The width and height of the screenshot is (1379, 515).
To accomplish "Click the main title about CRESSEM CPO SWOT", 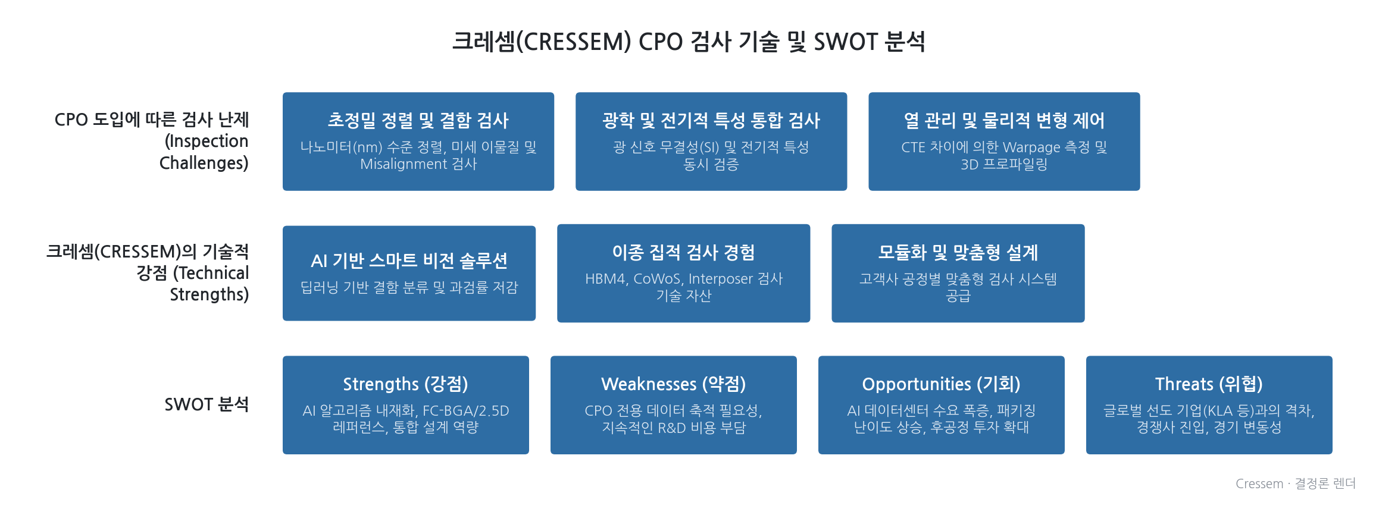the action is click(689, 42).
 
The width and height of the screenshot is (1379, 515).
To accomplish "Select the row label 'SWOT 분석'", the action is click(207, 404).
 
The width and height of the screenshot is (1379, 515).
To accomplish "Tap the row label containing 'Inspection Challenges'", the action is click(151, 141).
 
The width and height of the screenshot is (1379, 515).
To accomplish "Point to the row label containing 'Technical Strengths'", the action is click(148, 273).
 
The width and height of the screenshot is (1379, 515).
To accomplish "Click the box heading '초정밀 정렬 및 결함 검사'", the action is click(418, 121).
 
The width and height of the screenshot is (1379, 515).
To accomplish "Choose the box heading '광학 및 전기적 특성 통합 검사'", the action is click(711, 121).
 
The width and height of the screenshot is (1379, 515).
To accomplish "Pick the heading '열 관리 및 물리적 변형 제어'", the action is click(1004, 121).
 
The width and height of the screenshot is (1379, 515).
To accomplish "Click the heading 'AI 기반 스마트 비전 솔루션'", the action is click(409, 260).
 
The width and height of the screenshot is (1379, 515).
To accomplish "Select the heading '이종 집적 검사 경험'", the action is click(683, 253).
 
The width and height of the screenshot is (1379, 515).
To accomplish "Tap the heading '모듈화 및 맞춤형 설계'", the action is click(958, 253).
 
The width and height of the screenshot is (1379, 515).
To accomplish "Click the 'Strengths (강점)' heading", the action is click(405, 384).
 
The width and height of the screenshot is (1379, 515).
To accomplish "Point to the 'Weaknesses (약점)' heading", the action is click(673, 384).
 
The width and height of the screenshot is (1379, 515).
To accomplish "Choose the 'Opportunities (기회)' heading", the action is click(941, 384).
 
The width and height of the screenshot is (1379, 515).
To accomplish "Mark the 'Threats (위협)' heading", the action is click(1209, 384).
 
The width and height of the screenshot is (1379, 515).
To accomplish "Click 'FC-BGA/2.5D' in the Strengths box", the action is click(466, 411).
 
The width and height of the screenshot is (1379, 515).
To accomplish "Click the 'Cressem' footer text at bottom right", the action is click(1259, 484).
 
